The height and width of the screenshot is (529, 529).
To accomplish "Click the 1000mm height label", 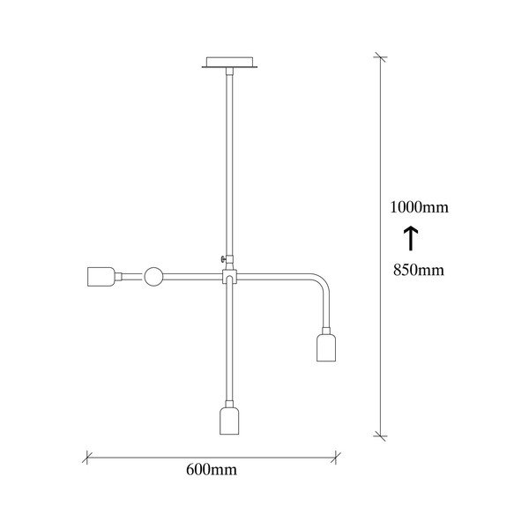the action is coord(420,207).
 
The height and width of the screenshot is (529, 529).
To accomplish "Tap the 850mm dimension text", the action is coord(419,270).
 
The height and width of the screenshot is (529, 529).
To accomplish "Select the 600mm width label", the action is coord(212,469).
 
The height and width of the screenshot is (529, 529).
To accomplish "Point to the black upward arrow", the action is coord(411,238).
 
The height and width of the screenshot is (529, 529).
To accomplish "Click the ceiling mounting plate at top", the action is coord(229,62).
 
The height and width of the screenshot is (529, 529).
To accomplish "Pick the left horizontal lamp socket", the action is coord(101,277).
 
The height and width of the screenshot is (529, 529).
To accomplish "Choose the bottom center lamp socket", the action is coord(229,421).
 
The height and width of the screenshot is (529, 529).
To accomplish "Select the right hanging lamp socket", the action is coord(326,347).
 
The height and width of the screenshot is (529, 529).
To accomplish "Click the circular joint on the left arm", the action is coord(153,277).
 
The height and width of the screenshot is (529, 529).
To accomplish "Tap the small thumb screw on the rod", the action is coord(223,259).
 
